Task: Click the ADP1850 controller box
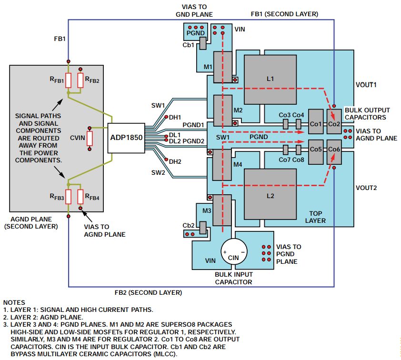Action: point(126,138)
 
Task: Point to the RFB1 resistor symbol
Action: point(69,80)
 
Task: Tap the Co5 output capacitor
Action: point(315,149)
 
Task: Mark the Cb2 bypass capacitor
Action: point(202,228)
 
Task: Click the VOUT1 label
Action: point(366,85)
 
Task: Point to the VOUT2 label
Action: point(366,188)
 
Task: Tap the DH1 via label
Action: point(175,117)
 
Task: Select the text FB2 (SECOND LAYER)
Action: point(149,292)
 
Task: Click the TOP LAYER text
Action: point(316,217)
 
